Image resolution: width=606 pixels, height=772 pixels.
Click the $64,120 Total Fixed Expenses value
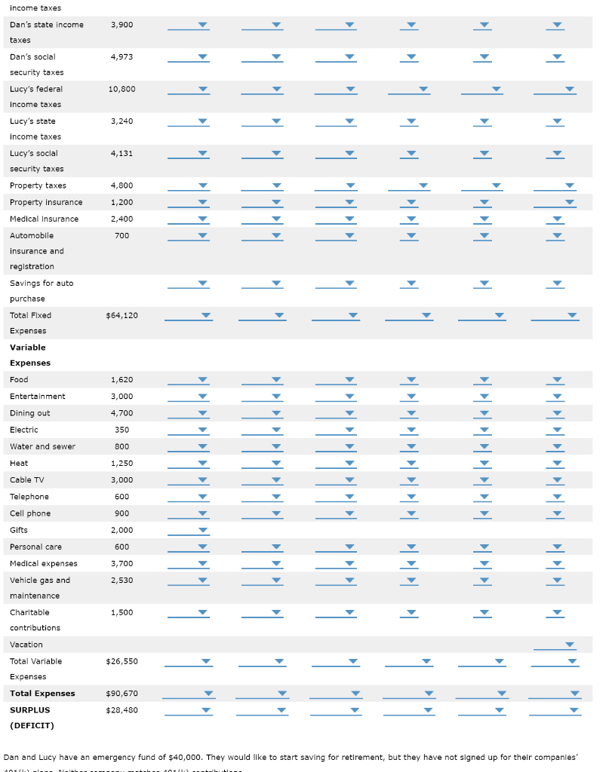122,315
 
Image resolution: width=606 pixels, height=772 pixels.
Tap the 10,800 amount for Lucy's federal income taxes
122,89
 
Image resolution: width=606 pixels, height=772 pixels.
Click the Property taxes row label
38,185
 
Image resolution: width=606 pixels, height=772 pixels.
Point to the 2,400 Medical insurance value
122,219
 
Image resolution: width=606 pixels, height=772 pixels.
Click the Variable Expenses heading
29,355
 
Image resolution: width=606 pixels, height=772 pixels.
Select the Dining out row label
30,413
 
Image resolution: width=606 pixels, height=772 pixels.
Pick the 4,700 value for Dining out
122,413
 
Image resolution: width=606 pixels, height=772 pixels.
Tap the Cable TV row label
26,480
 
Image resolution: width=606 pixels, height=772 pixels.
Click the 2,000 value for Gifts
122,530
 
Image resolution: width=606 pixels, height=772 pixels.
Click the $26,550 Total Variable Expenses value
122,661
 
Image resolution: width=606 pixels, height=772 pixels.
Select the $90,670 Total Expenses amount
122,694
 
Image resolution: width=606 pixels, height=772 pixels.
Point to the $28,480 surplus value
122,710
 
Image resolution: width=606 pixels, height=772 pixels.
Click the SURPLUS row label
29,710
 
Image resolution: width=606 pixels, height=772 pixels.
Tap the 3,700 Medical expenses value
122,564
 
